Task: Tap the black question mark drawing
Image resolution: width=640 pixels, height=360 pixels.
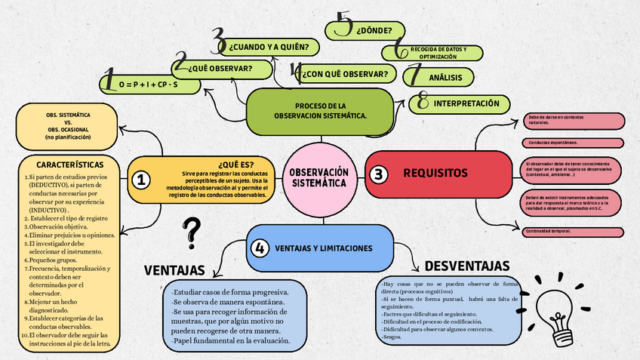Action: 193,232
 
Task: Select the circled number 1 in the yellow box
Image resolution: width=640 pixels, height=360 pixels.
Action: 140,180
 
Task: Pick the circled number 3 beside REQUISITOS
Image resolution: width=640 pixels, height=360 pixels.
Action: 378,174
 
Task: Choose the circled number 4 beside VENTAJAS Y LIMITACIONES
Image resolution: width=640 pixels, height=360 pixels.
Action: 260,248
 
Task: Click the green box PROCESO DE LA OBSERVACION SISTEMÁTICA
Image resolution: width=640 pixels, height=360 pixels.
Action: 320,111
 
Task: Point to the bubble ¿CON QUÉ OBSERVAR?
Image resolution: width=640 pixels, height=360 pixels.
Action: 346,74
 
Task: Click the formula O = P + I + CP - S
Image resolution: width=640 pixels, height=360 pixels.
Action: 149,85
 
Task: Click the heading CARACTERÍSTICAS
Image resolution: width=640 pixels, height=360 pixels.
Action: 70,164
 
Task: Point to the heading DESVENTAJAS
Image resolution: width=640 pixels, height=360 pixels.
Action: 466,266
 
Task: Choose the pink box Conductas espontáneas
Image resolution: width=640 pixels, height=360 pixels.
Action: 573,143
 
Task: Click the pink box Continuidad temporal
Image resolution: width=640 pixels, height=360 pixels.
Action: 573,231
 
